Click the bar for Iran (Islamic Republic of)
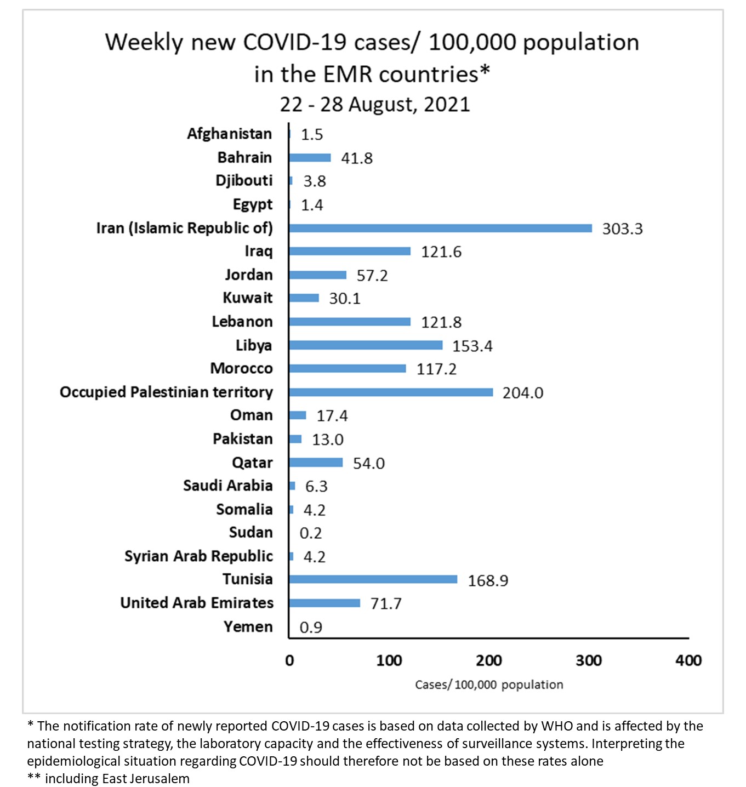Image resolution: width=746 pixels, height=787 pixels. tap(440, 228)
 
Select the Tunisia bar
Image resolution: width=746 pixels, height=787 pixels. tap(373, 579)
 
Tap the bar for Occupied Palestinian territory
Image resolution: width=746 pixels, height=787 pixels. tap(391, 392)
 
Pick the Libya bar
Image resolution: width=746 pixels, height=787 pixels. tap(366, 345)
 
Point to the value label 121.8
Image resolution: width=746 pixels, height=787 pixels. tap(441, 322)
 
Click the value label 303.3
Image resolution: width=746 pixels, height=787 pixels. tap(622, 229)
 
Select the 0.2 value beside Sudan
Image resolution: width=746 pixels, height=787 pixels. tap(311, 533)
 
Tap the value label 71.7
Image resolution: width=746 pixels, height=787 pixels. tap(386, 604)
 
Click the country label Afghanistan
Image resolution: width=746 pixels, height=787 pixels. tap(229, 134)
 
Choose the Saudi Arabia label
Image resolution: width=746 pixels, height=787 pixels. tap(227, 486)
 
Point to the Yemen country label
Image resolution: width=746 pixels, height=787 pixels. tap(248, 626)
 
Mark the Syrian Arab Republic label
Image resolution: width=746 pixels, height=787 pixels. tap(198, 556)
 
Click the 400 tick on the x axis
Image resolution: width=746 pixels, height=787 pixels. tap(688, 660)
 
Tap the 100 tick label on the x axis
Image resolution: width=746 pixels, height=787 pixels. tap(389, 660)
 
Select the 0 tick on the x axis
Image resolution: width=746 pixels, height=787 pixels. tap(289, 660)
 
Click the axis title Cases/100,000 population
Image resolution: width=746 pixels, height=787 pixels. tap(489, 685)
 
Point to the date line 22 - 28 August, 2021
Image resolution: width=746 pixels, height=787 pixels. tap(375, 104)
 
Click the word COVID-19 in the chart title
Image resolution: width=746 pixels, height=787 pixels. tap(295, 42)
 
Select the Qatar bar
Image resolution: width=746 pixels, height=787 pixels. tap(316, 463)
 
